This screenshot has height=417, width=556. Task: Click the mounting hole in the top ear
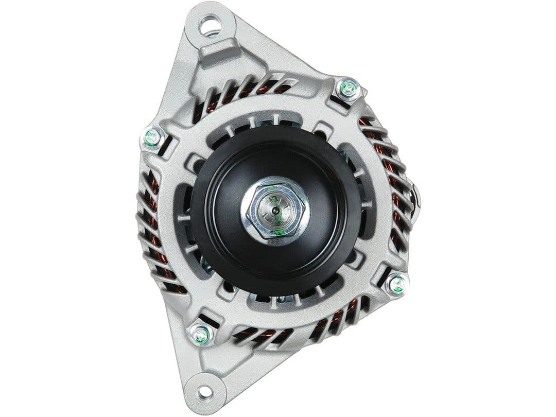[x=210, y=25]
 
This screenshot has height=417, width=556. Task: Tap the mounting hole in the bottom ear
[x=204, y=392]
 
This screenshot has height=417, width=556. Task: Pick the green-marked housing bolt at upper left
[x=152, y=137]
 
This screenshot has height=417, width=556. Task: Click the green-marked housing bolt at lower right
[x=397, y=284]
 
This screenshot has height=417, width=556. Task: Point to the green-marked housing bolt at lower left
[x=201, y=335]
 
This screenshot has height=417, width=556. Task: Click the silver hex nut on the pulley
[x=275, y=210]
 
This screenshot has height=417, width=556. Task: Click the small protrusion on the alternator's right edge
[x=415, y=198]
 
